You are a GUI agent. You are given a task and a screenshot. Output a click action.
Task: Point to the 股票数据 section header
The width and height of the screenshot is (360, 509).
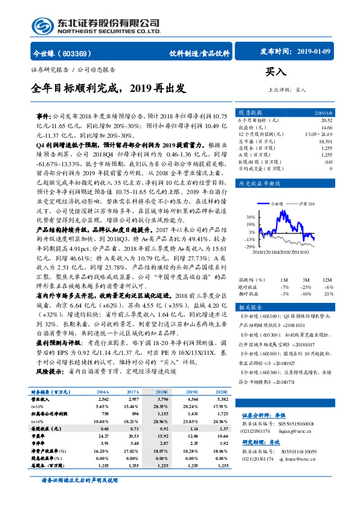coord(249,113)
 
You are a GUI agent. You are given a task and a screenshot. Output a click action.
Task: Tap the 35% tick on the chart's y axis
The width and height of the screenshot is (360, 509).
coord(251,216)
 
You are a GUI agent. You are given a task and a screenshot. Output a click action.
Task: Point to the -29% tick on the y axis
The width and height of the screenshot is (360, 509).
coord(250,247)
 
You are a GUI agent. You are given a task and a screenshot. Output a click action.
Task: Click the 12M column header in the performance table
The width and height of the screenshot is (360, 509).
coord(327,280)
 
